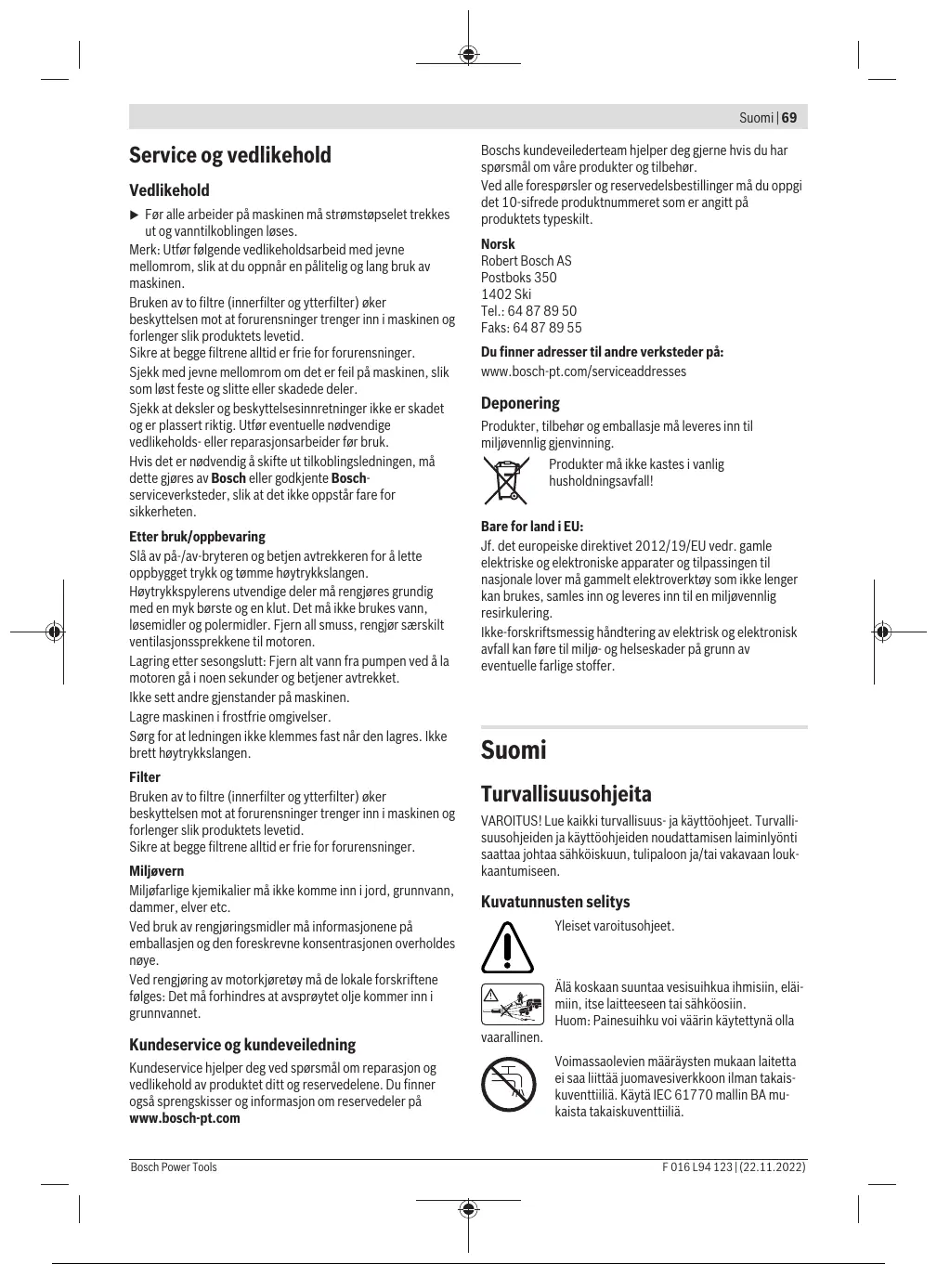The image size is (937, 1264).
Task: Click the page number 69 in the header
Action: coord(789,118)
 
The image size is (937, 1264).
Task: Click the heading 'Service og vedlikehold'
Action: coord(230,155)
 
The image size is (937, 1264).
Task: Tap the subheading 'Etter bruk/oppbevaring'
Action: coord(197,537)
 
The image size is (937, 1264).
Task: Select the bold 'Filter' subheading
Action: coord(145,777)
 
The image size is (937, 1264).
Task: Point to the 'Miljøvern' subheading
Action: coord(157,871)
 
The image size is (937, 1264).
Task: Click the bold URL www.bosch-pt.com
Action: coord(185,1118)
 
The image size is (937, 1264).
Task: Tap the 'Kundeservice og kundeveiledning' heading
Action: coord(242,1045)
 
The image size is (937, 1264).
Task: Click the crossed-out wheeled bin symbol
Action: coord(506,480)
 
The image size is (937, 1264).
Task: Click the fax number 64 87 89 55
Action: coord(547,328)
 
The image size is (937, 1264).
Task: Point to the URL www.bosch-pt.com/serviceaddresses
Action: coord(583,371)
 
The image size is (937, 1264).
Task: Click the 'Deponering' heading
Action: coord(520,403)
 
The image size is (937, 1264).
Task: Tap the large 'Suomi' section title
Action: coord(514,750)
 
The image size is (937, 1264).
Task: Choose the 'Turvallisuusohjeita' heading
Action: coord(566,794)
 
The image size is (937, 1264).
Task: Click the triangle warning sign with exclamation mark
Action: coord(508,946)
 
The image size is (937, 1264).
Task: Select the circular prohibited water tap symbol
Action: coord(508,1084)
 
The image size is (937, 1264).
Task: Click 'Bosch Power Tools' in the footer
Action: coord(174,1167)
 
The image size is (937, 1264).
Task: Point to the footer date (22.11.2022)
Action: coord(774,1167)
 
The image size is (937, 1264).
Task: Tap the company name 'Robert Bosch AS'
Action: coord(526,261)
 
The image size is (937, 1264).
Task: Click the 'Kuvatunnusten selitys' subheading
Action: coord(555,902)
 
